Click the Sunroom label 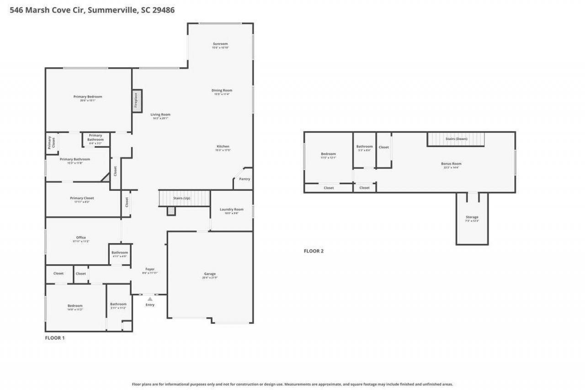pos(220,44)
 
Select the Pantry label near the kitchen pos(245,179)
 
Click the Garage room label pos(210,274)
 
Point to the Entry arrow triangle pos(150,299)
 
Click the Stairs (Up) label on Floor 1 pos(181,198)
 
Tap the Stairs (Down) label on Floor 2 pos(456,139)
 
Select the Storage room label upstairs pos(472,217)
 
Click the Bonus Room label pos(451,164)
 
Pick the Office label pos(81,237)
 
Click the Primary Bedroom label pos(88,96)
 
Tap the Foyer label pos(150,269)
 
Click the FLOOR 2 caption pos(314,251)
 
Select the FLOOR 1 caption pos(55,338)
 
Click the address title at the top pos(92,10)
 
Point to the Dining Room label pos(222,91)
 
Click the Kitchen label pos(223,146)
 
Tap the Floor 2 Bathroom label pos(364,146)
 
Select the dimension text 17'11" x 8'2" pos(82,202)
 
